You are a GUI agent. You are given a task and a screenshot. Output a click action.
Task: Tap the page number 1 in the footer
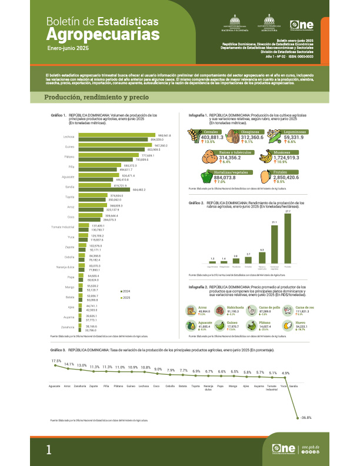coord(49,450)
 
